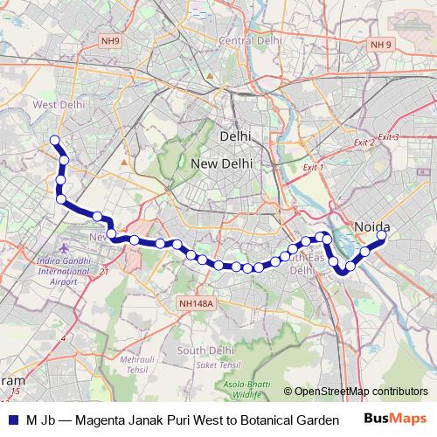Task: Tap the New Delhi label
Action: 221,163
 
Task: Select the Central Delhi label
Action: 251,40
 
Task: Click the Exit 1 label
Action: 312,167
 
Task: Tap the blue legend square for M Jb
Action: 13,420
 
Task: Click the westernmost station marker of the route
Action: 54,140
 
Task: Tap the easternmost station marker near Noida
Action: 382,234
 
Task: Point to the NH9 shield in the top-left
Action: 109,39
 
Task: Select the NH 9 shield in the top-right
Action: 380,45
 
